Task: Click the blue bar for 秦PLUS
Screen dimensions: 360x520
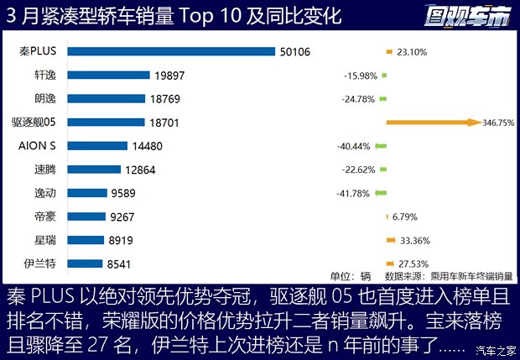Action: click(171, 52)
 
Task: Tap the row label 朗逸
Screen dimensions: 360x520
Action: click(46, 99)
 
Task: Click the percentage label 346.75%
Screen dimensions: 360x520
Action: click(498, 123)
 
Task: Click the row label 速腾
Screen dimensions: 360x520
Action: click(46, 170)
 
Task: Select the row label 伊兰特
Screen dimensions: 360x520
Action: click(41, 263)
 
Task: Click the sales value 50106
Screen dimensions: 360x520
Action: click(295, 52)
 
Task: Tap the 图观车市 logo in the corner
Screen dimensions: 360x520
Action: click(466, 15)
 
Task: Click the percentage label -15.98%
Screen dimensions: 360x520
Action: click(361, 76)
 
